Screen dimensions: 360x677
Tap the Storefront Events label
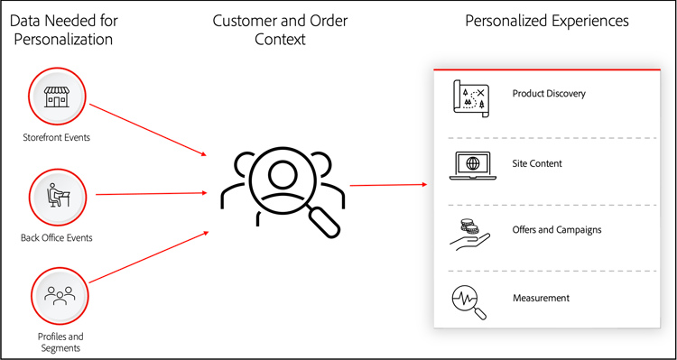56,137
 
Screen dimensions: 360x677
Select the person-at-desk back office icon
57,194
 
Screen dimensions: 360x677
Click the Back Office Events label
56,237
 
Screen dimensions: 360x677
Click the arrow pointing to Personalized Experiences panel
388,185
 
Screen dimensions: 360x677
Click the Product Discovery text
549,94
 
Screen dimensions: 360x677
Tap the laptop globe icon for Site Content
469,164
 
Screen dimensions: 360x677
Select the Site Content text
537,163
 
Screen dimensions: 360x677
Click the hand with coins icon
469,232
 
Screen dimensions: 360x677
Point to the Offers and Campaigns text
557,230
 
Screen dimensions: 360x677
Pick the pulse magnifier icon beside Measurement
469,300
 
